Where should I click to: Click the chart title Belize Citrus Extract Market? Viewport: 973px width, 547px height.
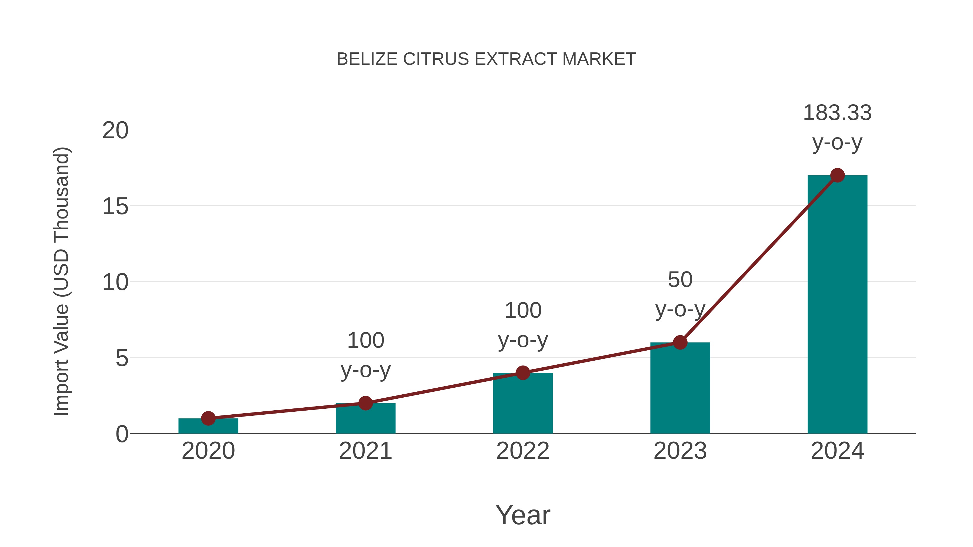pos(486,59)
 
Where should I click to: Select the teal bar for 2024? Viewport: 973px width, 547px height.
pos(837,310)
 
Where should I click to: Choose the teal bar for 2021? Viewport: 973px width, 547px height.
pos(365,421)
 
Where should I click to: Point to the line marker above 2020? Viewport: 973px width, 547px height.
pos(208,418)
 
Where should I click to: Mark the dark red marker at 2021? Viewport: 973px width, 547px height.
pos(365,403)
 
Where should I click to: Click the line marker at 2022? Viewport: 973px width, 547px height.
pos(523,373)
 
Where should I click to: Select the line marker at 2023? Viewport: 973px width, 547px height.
pos(680,343)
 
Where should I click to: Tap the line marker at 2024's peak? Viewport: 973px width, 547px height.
pos(837,175)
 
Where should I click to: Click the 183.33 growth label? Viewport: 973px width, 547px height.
pos(837,113)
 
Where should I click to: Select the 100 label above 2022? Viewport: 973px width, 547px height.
pos(523,311)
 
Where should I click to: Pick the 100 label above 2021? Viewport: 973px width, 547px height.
pos(365,341)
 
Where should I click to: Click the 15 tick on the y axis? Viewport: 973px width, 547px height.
pos(115,207)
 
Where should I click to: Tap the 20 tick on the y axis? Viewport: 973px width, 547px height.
pos(115,131)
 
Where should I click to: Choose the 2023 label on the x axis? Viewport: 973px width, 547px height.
pos(680,451)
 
